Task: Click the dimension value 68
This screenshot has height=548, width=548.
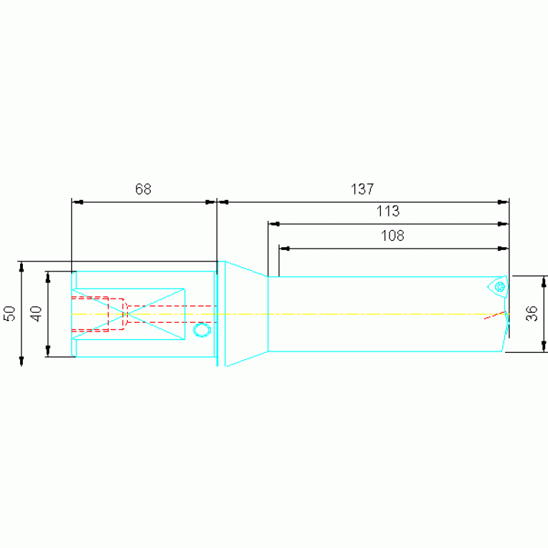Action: point(144,189)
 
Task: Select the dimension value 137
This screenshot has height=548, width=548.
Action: point(362,189)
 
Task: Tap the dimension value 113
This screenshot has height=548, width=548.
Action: point(388,211)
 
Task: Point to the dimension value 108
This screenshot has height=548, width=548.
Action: point(392,236)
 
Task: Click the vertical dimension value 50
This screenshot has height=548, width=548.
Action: point(9,313)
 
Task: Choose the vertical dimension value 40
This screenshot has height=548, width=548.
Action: point(36,314)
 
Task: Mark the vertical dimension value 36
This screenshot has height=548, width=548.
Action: point(532,313)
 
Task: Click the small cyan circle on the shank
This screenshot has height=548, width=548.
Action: point(202,330)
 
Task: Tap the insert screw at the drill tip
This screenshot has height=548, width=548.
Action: point(500,287)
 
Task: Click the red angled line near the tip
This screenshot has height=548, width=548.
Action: point(494,315)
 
